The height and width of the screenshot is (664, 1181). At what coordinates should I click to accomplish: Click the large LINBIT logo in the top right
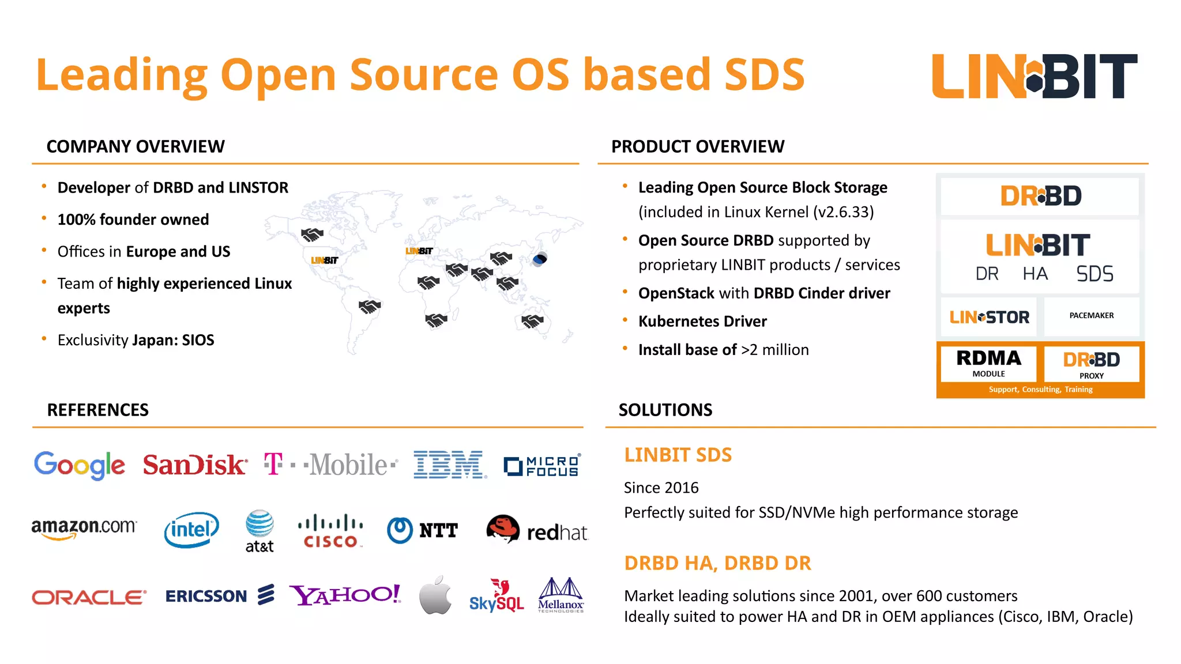[1035, 76]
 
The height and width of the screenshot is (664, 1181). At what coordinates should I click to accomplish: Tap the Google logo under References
[79, 465]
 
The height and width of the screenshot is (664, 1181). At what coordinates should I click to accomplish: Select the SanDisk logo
[195, 465]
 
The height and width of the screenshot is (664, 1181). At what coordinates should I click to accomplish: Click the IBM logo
[450, 465]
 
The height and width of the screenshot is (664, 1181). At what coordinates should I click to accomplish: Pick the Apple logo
[435, 595]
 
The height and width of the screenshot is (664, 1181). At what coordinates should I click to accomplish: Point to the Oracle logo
[89, 597]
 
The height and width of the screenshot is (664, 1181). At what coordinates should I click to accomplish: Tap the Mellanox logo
[561, 595]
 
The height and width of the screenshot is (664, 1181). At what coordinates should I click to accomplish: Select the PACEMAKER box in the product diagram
[1091, 316]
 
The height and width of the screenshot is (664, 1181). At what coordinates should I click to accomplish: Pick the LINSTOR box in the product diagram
[989, 317]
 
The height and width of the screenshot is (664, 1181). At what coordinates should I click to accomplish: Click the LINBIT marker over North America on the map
[324, 261]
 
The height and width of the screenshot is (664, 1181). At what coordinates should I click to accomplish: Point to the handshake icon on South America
[370, 307]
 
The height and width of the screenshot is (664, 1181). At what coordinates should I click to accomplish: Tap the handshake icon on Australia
[532, 320]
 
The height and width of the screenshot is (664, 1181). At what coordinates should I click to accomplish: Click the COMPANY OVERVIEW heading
[136, 146]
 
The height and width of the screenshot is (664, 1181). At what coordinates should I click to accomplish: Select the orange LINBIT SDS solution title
[678, 455]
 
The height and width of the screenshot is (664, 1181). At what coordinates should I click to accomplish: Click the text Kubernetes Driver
[702, 321]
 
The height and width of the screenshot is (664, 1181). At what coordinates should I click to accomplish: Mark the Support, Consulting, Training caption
[1040, 390]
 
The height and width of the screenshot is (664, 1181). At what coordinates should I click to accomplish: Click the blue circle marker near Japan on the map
[540, 259]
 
